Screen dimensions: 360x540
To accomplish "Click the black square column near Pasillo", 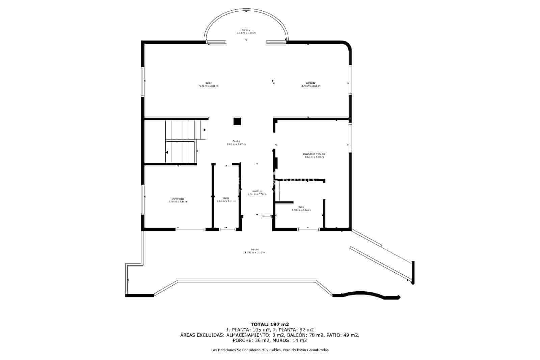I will click(x=237, y=121).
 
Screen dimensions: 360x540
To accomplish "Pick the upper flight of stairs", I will click(x=186, y=130).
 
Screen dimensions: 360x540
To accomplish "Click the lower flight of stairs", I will click(x=181, y=152).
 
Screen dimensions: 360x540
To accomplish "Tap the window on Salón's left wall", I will click(x=143, y=82).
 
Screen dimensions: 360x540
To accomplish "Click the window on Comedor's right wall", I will click(x=350, y=79).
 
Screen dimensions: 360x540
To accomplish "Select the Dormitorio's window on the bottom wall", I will click(x=190, y=229).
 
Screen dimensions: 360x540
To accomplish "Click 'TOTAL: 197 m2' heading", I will click(x=270, y=324).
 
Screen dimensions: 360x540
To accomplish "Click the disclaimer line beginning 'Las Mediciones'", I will click(x=270, y=350).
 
